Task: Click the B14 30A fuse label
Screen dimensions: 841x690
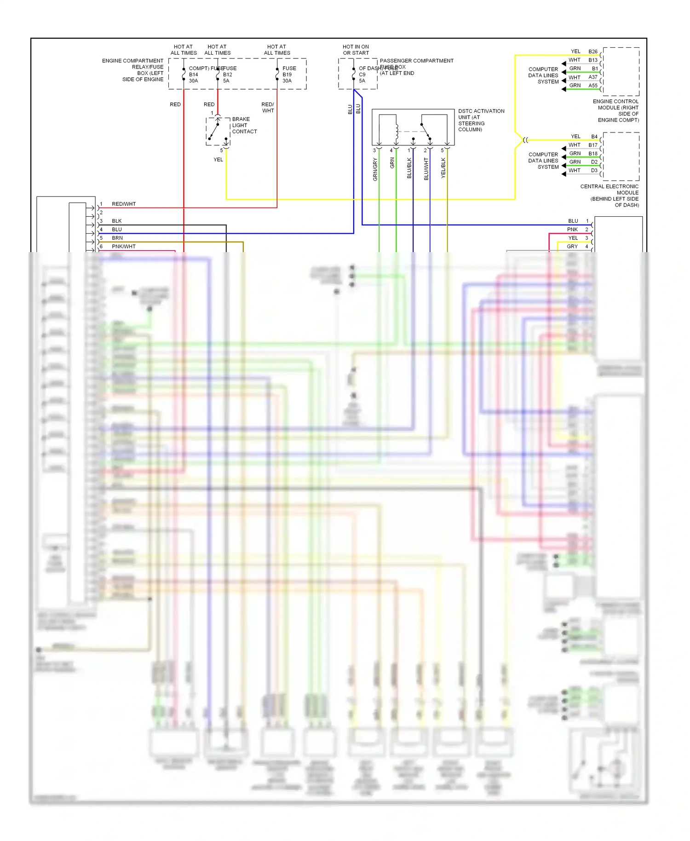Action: pos(193,75)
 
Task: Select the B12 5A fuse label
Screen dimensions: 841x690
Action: pos(227,75)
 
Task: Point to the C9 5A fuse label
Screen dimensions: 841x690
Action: pos(362,75)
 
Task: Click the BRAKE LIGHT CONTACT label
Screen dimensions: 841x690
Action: pos(244,125)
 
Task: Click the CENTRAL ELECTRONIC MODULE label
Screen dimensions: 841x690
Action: pos(610,196)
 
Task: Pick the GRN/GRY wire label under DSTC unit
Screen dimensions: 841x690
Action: pos(375,169)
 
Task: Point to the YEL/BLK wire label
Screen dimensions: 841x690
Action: pos(443,168)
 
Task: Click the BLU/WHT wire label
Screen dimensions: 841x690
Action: pos(426,169)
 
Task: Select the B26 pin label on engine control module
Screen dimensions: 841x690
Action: pos(593,52)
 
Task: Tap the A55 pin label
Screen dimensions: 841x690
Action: pos(593,86)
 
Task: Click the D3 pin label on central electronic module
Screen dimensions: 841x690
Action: pos(594,171)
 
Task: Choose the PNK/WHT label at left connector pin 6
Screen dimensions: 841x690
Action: pos(124,247)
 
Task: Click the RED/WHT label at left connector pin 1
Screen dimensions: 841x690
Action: pos(124,204)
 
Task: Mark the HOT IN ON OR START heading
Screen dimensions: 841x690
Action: pos(356,50)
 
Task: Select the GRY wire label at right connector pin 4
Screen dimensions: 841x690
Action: pos(572,247)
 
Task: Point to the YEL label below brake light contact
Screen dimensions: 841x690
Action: pos(218,160)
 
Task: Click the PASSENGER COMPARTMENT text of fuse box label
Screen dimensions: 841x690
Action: pos(416,61)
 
